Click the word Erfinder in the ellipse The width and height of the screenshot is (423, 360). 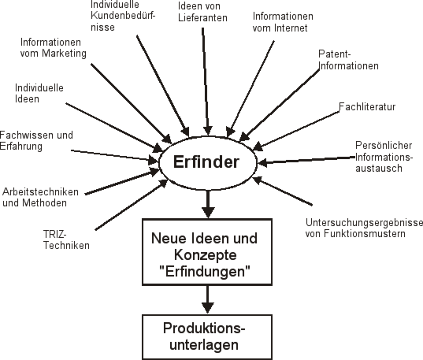[206, 162]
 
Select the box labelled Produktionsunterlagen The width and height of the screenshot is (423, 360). [207, 337]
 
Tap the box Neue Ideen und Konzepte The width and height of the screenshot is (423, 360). [207, 252]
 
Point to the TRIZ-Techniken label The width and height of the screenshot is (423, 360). [66, 239]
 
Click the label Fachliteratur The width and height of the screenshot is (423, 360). [367, 107]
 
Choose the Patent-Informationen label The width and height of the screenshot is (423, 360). [348, 60]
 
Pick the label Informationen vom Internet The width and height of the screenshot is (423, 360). [283, 22]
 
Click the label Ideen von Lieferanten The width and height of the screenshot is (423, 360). [202, 12]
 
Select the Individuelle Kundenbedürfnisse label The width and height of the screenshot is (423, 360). [123, 16]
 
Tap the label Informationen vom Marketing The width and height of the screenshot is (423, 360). [54, 48]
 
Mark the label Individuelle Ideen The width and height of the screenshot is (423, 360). [39, 94]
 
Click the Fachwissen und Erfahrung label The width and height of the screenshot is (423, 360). [36, 140]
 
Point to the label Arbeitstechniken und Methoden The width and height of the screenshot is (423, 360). [40, 197]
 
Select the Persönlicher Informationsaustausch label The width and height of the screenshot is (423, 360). [384, 157]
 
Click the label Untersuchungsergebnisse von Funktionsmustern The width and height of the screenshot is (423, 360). [364, 228]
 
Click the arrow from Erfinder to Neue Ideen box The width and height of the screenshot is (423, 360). [208, 204]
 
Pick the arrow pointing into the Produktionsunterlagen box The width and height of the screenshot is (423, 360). [208, 299]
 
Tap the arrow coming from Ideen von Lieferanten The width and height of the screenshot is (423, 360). [206, 81]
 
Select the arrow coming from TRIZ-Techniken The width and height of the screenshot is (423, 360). [132, 205]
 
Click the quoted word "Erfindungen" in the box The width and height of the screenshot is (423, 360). [205, 272]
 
